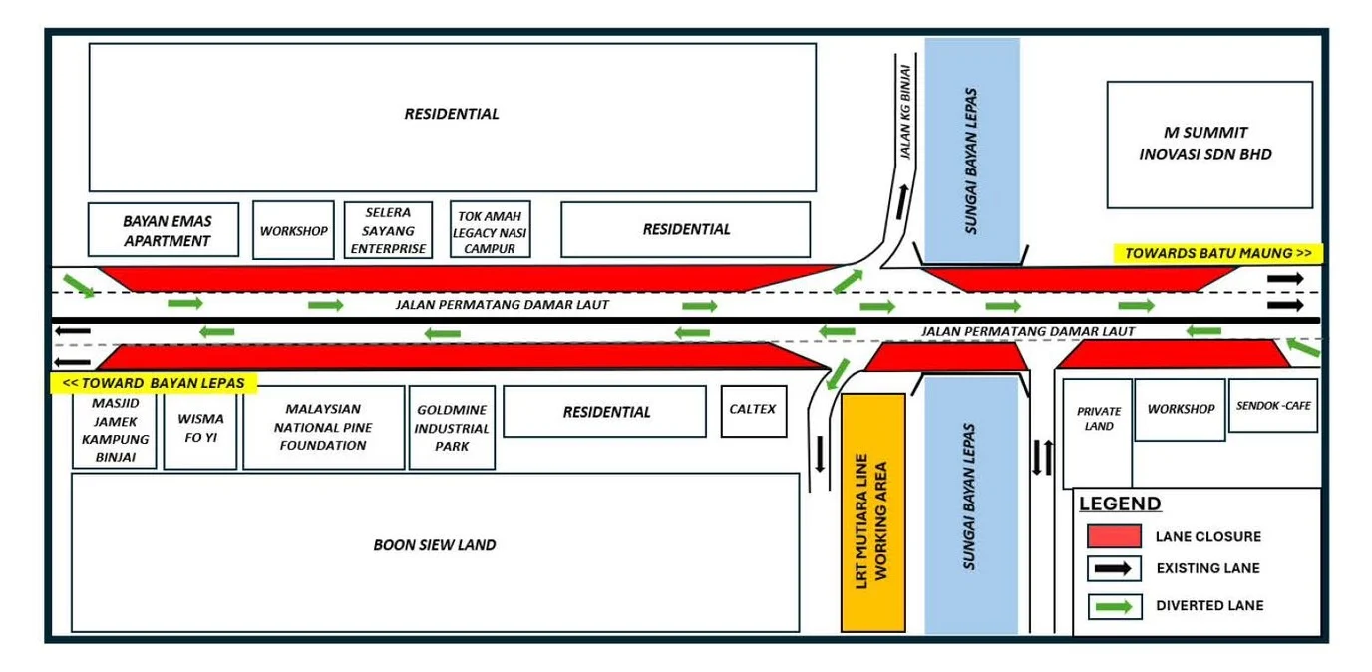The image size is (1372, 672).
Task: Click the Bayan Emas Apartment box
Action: coord(164,229)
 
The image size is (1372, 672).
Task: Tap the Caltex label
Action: coord(753,409)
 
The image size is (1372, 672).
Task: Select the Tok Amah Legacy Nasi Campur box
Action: coord(490,229)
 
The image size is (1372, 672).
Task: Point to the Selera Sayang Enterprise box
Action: coord(388,229)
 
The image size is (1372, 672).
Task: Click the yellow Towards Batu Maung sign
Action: coord(1217,253)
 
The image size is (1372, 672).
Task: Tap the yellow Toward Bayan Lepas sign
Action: coord(154,383)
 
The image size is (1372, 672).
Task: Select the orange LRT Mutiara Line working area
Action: coord(872,512)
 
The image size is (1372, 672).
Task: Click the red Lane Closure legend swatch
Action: coord(1114,536)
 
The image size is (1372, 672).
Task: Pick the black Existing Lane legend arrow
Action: coord(1113,568)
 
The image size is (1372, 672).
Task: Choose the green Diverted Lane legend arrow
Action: coord(1114,606)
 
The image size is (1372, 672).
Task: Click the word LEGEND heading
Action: coord(1120,504)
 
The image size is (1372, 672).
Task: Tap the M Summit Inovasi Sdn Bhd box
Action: coord(1209,145)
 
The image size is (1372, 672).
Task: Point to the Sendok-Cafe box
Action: coord(1272,405)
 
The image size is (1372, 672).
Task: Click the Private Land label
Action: coord(1099,419)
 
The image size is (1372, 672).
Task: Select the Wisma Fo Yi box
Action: coord(200,428)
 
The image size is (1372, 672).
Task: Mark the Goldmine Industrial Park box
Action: coord(452,428)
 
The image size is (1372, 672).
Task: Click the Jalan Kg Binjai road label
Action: coord(905,112)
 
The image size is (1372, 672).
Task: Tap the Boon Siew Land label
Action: coord(435,545)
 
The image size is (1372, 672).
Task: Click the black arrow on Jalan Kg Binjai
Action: coord(902,201)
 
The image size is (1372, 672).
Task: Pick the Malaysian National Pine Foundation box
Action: coord(323,428)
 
